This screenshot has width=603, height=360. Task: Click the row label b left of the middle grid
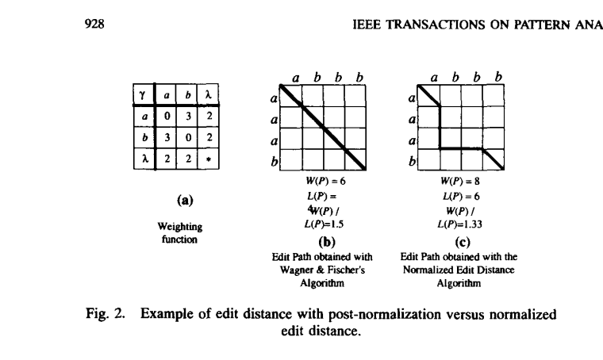pyautogui.click(x=275, y=162)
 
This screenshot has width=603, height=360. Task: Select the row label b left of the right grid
pyautogui.click(x=412, y=162)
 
